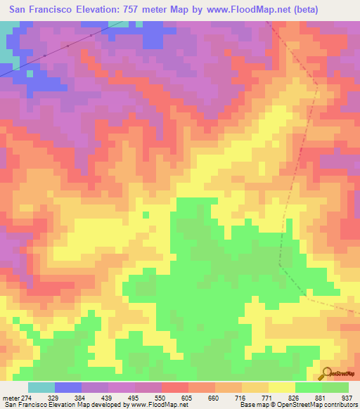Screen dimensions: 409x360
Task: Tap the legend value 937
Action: click(x=347, y=397)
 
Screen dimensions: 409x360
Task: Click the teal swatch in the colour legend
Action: click(x=41, y=387)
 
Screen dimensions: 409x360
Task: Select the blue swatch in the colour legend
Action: click(x=68, y=387)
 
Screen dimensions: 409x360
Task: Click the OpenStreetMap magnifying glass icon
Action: click(x=328, y=373)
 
